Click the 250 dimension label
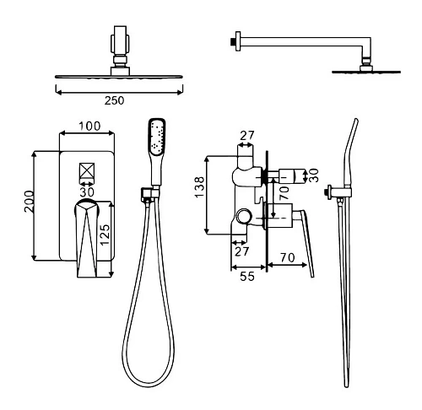[x=114, y=100]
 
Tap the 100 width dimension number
[x=89, y=126]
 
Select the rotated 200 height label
[x=29, y=202]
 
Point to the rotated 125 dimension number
[x=105, y=235]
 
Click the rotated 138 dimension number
[x=199, y=187]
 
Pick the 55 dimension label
[x=247, y=277]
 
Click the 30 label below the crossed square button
[x=87, y=192]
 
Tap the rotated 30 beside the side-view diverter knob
[x=313, y=175]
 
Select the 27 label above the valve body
[x=246, y=136]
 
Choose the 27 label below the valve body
[x=242, y=251]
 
